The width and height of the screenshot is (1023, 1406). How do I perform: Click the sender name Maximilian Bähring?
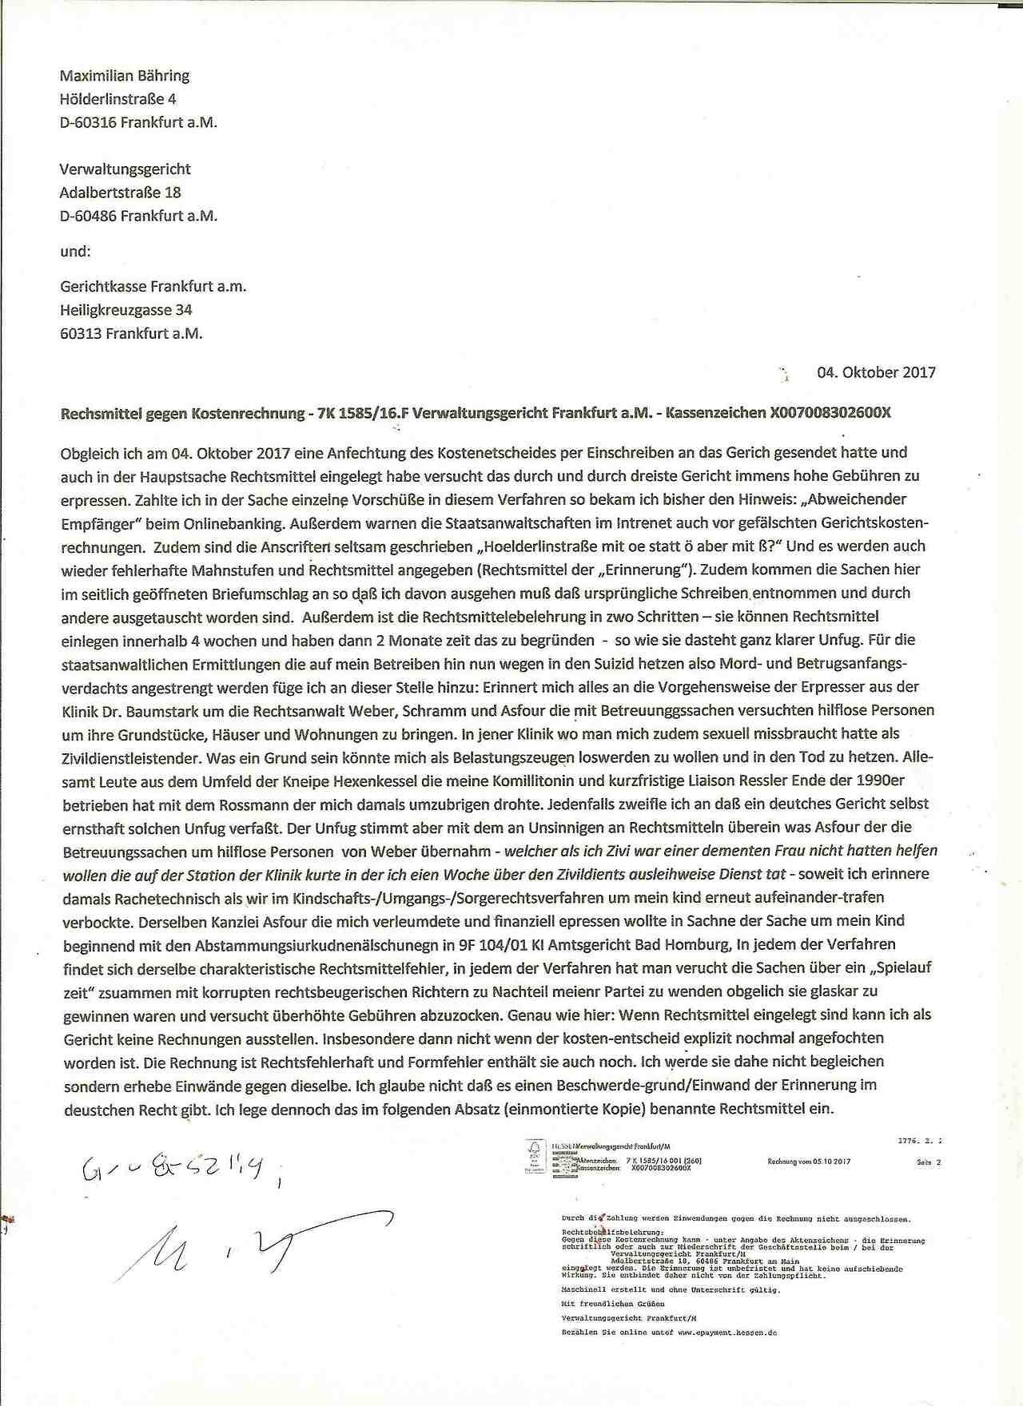(x=125, y=76)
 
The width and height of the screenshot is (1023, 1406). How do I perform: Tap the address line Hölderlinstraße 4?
(x=117, y=99)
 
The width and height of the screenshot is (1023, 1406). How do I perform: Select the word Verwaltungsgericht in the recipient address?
(x=125, y=169)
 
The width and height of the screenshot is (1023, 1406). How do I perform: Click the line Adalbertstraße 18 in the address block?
(x=120, y=193)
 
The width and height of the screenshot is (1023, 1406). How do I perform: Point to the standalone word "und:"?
(x=76, y=251)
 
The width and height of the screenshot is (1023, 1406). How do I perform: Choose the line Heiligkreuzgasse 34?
(x=126, y=310)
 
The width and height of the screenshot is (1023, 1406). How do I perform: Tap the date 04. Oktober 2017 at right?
(x=876, y=372)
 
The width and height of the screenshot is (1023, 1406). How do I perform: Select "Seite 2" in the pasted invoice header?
(x=929, y=1162)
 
